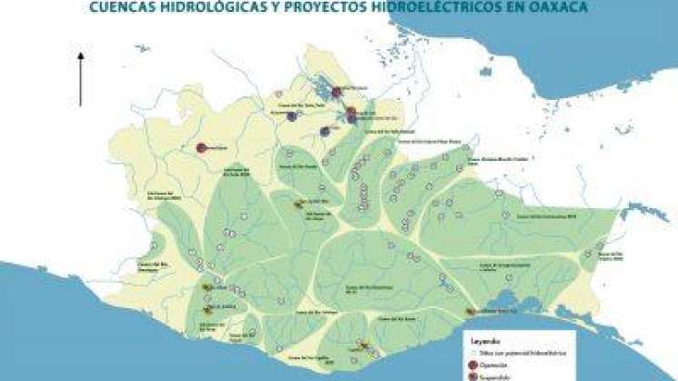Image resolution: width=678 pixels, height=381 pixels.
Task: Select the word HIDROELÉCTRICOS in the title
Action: point(414,9)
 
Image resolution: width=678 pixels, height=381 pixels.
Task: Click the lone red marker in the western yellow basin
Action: point(201,147)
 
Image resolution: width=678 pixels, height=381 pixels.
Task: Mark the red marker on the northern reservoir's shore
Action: point(336,92)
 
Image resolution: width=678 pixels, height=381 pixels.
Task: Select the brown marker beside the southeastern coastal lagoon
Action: point(471,312)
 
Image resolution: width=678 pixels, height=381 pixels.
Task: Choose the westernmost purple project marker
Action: point(291,116)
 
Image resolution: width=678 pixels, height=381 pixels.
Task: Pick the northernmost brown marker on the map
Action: point(299,204)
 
